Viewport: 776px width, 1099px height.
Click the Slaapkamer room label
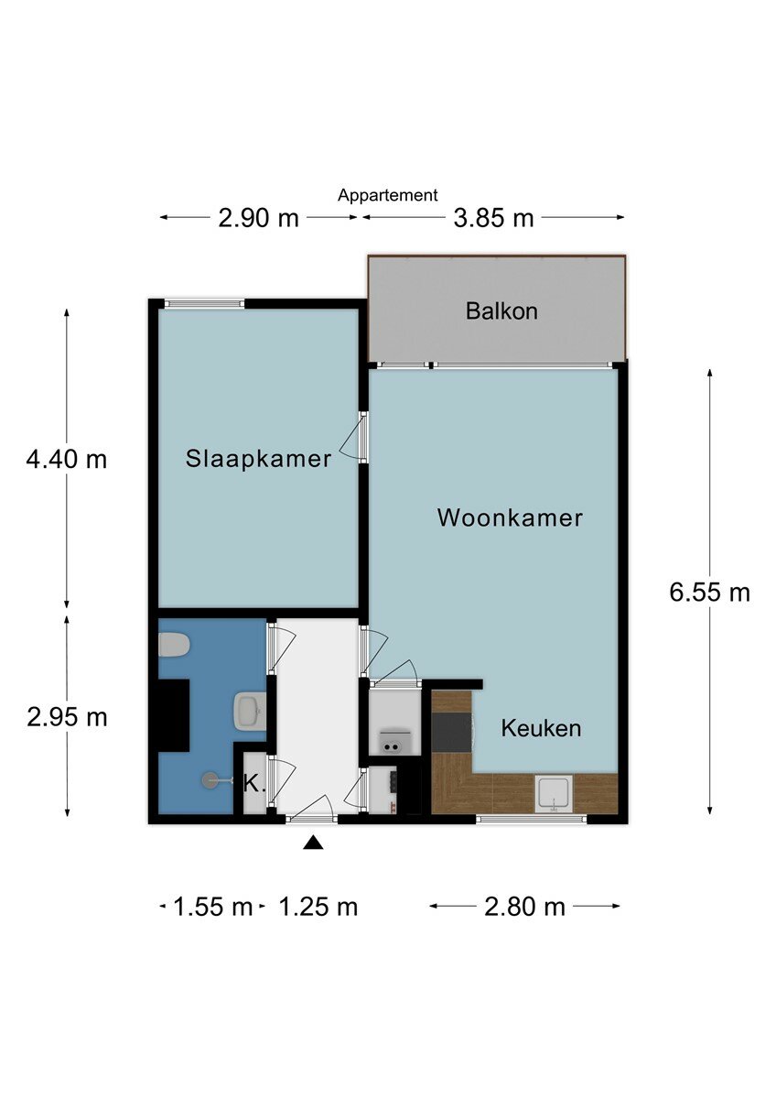258,459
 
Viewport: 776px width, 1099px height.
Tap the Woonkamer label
510,518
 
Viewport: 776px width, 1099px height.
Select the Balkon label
501,311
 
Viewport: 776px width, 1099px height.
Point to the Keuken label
541,728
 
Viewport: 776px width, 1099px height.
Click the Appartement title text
387,195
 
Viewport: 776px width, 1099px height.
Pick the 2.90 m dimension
258,218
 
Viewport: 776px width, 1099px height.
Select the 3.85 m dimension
493,218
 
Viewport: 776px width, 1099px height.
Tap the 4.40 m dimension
67,460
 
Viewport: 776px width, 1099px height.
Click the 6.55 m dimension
709,593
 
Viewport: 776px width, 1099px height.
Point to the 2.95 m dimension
67,718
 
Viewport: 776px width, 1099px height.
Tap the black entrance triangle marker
314,843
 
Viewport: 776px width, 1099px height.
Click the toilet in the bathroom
174,644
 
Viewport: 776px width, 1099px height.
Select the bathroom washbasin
251,711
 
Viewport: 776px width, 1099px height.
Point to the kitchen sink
554,794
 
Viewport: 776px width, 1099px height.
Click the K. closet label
254,784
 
